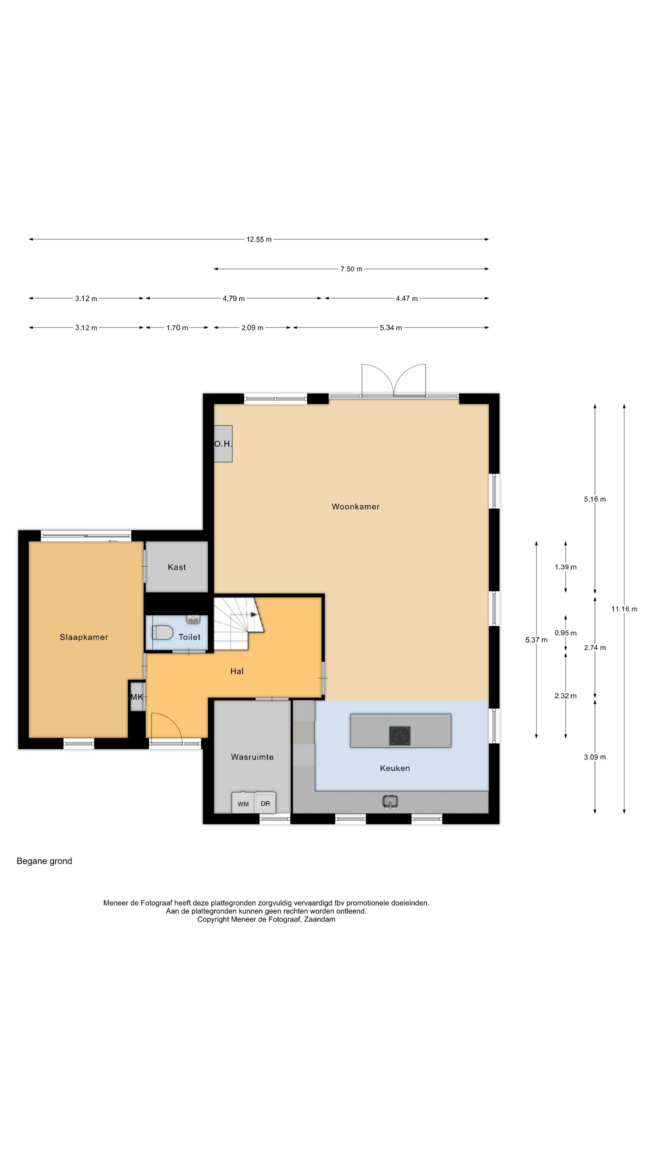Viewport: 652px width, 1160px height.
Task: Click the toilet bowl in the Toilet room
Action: tap(162, 632)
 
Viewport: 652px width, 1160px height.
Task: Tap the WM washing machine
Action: tap(243, 802)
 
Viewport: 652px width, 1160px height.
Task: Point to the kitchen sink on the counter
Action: tap(390, 801)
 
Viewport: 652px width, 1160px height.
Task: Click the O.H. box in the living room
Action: tap(223, 443)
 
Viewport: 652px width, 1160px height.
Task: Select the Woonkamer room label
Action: tap(356, 507)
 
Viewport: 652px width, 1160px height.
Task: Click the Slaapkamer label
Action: tap(84, 637)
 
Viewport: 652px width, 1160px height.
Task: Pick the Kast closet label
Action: tap(177, 567)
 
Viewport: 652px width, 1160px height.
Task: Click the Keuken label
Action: tap(395, 768)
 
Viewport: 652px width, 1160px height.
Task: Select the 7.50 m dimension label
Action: tap(351, 269)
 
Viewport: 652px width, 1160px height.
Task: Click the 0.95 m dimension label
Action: tap(566, 633)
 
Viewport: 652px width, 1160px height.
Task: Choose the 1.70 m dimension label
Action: tap(177, 328)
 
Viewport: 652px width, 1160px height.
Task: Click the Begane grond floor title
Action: tap(44, 861)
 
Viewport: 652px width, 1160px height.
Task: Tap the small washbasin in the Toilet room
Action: tap(193, 620)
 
